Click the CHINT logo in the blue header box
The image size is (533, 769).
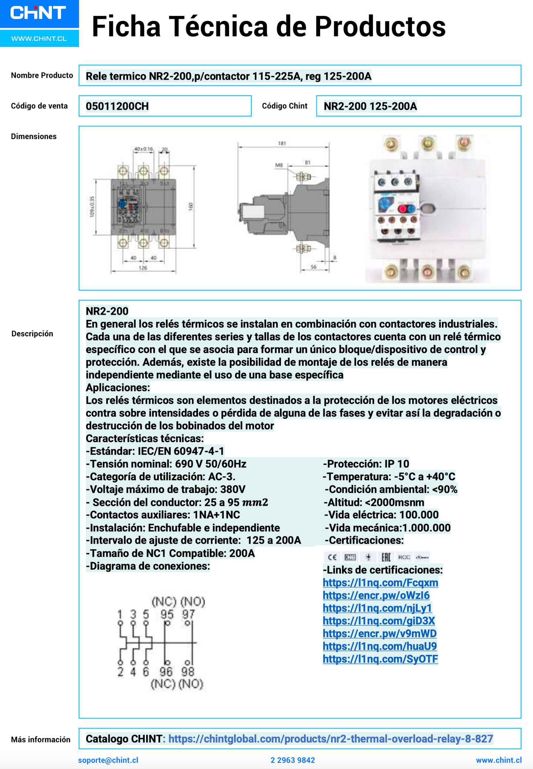(38, 13)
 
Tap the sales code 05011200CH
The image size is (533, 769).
(117, 106)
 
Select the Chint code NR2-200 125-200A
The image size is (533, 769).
(370, 106)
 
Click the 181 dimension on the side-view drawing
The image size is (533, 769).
(282, 143)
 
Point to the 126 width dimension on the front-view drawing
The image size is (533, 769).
(143, 268)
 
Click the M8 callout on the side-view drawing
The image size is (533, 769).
(279, 165)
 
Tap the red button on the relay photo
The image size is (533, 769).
(402, 209)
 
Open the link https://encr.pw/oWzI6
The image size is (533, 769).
(376, 595)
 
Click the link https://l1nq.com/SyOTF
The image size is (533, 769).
(380, 659)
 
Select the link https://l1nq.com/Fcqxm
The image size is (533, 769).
(380, 583)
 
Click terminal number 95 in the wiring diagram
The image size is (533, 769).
(167, 614)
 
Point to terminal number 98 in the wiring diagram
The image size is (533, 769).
(188, 672)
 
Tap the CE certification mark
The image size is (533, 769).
(332, 557)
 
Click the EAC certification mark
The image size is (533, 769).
(386, 557)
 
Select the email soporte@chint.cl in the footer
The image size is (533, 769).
(108, 760)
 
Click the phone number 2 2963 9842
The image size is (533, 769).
(293, 760)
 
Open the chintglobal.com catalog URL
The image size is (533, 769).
(331, 739)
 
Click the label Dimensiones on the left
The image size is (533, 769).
(34, 136)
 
